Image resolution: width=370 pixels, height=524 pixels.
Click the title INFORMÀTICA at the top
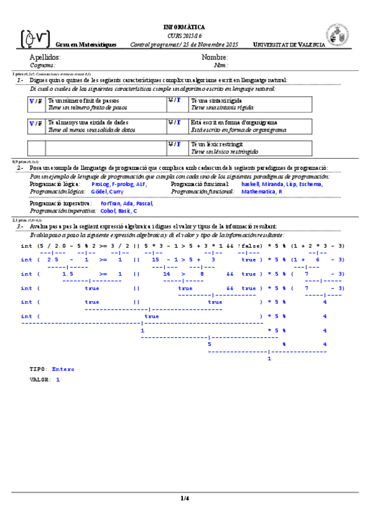185,27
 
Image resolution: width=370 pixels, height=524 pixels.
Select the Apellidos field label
45,57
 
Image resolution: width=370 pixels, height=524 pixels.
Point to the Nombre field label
216,57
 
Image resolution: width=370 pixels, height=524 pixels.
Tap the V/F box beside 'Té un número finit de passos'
36,100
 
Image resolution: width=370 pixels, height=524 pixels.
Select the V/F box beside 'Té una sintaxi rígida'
175,100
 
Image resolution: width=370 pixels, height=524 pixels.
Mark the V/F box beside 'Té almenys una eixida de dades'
36,123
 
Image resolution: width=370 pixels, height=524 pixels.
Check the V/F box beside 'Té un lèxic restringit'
175,144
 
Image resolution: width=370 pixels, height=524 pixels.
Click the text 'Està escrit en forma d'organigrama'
234,122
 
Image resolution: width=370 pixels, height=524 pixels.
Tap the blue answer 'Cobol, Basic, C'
119,211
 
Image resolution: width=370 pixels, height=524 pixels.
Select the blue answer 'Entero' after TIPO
63,369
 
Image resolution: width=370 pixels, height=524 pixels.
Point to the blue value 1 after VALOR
57,379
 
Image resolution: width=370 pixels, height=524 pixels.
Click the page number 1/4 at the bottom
185,498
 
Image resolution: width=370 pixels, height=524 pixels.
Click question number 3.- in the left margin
20,227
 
